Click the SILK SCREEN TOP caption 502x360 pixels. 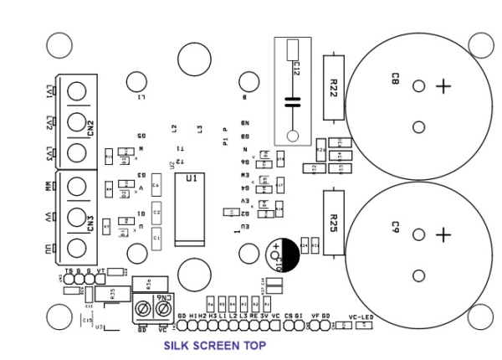pyautogui.click(x=215, y=345)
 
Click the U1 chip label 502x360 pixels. pyautogui.click(x=192, y=178)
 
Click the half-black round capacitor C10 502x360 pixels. pyautogui.click(x=281, y=253)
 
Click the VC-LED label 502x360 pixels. pyautogui.click(x=361, y=316)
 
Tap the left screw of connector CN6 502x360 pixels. pyautogui.click(x=142, y=310)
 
